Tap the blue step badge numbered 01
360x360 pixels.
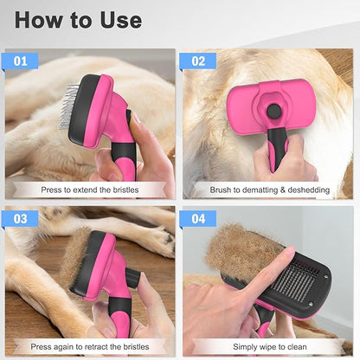tap(21, 61)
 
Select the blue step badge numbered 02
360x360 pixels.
tap(198, 61)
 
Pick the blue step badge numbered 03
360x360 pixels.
tap(21, 218)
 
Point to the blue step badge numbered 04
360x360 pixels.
tap(198, 218)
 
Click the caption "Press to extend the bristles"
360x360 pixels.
tap(90, 189)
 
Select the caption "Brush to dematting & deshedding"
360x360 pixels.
tap(267, 189)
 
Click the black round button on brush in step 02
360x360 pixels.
tap(274, 111)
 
